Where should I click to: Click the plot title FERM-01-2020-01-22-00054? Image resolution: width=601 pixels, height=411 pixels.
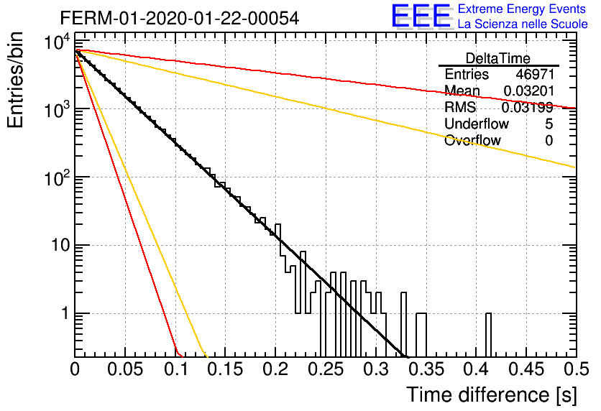[x=180, y=18]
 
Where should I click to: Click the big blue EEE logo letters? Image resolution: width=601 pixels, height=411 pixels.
[x=421, y=17]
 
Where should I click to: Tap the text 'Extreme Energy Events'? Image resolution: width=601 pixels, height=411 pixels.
[x=522, y=9]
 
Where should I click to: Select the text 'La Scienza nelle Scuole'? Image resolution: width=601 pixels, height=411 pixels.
[x=523, y=24]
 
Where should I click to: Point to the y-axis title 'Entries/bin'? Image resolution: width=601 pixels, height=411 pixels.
[x=16, y=80]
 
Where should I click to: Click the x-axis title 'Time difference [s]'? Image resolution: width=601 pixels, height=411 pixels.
[x=492, y=394]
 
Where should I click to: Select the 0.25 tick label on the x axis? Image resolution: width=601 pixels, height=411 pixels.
[x=326, y=369]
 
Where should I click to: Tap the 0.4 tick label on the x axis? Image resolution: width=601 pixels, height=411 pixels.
[x=477, y=369]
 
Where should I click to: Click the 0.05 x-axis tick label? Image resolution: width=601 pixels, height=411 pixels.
[x=125, y=369]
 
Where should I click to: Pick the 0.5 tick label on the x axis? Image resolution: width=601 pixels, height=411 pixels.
[x=576, y=369]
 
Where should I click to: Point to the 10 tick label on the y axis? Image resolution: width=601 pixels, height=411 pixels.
[x=60, y=246]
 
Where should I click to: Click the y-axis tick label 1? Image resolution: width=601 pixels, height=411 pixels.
[x=65, y=314]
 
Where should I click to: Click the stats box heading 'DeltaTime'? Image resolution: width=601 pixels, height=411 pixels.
[x=497, y=58]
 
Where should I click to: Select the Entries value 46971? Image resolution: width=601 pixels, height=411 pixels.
[x=535, y=74]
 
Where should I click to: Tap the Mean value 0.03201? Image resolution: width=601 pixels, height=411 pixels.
[x=528, y=91]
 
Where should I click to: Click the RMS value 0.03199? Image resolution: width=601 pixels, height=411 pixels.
[x=528, y=108]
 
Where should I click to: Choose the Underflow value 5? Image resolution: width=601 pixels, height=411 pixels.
[x=549, y=124]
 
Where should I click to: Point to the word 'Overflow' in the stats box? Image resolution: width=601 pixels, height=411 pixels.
[x=472, y=141]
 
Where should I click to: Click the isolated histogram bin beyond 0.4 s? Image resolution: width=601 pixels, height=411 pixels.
[x=488, y=335]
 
